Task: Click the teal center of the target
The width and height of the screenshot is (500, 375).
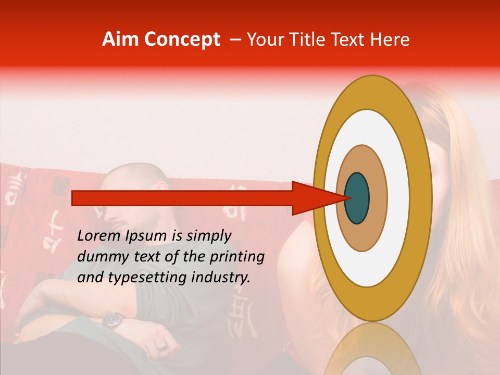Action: point(357,198)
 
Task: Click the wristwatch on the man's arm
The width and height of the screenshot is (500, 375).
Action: point(112,319)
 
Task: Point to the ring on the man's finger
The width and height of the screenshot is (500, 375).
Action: point(162,347)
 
